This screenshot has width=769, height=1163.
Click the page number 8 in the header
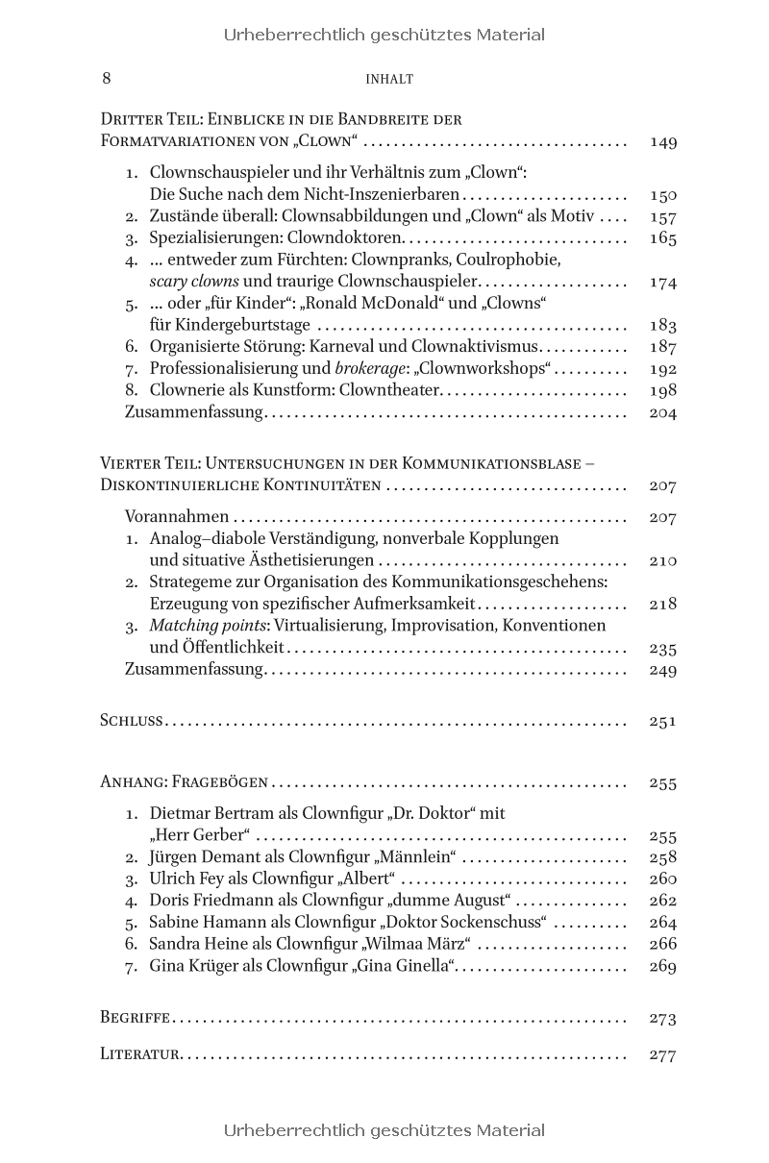tap(106, 78)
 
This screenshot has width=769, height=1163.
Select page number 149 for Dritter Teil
tap(663, 142)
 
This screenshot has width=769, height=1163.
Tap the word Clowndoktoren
tap(353, 237)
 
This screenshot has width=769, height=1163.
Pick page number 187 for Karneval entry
tap(663, 346)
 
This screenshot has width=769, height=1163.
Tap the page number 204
tap(663, 413)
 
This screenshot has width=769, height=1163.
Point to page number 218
tap(663, 604)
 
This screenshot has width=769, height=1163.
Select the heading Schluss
tap(132, 720)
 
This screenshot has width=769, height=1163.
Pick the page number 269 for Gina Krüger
tap(663, 966)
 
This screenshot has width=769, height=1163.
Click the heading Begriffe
tap(136, 1017)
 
